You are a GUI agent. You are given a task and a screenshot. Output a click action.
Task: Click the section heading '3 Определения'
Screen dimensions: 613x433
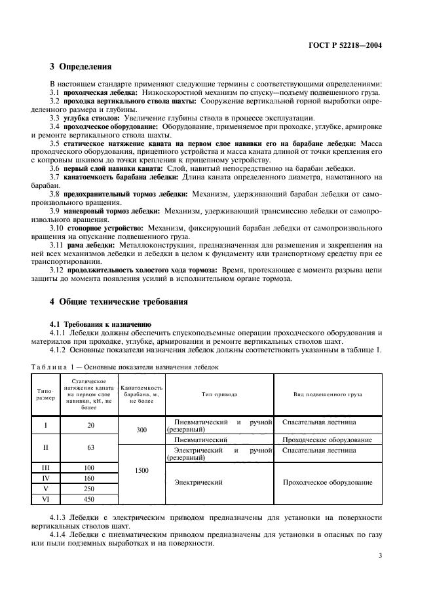pos(81,67)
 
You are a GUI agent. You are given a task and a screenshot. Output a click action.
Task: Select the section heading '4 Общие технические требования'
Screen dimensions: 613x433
pos(119,302)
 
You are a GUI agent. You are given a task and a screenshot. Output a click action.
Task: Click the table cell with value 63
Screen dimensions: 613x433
pos(90,447)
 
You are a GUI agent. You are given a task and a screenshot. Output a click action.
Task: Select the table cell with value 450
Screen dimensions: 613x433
pos(90,499)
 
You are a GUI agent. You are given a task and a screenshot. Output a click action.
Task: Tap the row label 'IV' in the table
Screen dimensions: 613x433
pos(45,478)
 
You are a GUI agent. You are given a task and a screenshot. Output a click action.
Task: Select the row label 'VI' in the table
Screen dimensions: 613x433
pos(45,499)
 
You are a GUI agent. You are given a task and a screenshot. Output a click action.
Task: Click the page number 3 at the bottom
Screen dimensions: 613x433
pos(380,556)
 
